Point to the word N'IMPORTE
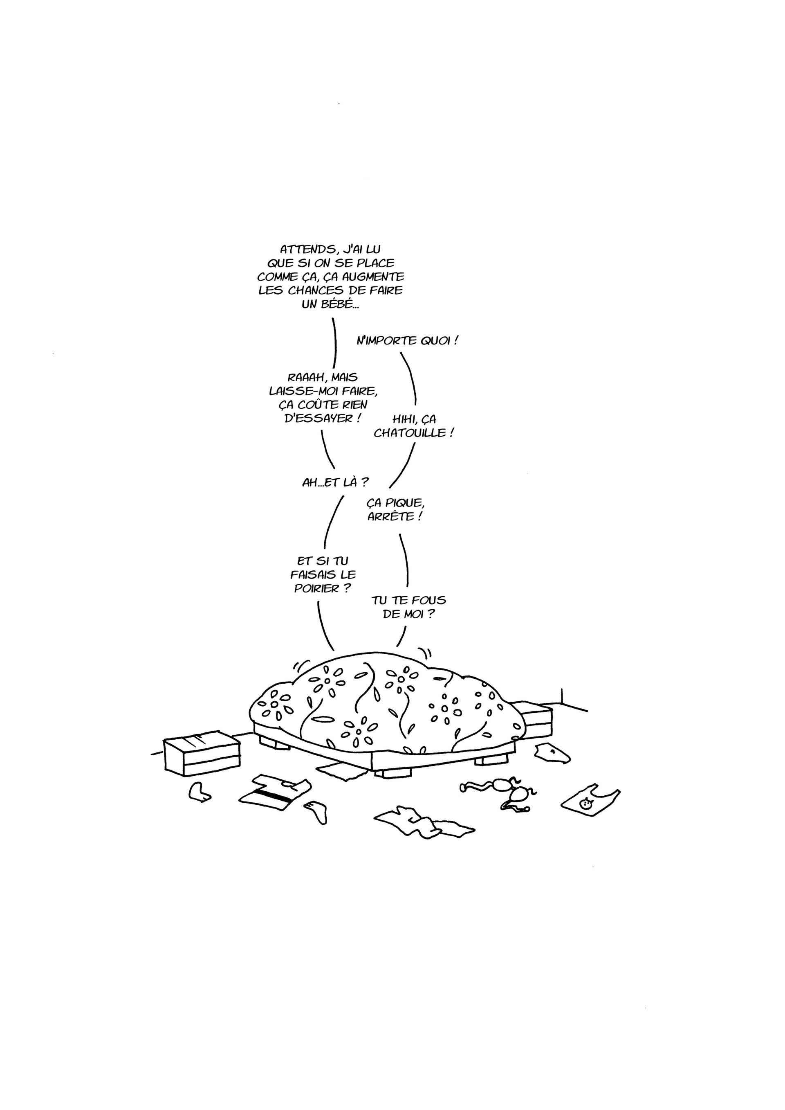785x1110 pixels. tap(386, 341)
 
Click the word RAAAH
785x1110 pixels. tap(305, 378)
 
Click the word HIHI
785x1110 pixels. tap(405, 419)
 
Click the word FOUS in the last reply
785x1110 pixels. tap(427, 601)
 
